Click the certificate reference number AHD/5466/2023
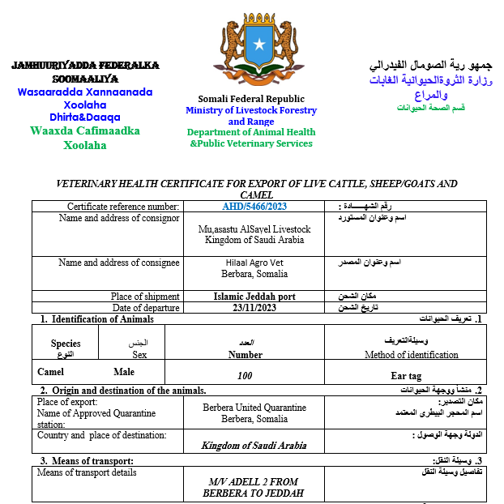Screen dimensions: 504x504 (x=254, y=207)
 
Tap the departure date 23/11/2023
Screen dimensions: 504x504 (x=254, y=308)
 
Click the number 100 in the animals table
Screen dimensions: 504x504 (x=245, y=375)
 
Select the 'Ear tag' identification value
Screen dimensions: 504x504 (x=406, y=376)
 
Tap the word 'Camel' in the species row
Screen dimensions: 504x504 (x=50, y=372)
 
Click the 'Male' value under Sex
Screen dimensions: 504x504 (x=124, y=372)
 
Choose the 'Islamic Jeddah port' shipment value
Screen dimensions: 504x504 (x=254, y=297)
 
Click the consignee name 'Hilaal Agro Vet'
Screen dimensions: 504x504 (x=254, y=263)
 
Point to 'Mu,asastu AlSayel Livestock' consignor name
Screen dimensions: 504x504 (x=254, y=229)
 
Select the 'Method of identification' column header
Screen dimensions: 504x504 (x=402, y=354)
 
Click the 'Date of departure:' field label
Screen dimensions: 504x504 (x=145, y=308)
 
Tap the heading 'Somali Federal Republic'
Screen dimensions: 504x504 (x=251, y=99)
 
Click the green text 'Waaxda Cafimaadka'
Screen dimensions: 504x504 (x=84, y=130)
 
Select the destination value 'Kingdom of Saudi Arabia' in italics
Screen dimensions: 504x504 (x=254, y=446)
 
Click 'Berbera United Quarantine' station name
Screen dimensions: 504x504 (x=254, y=408)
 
